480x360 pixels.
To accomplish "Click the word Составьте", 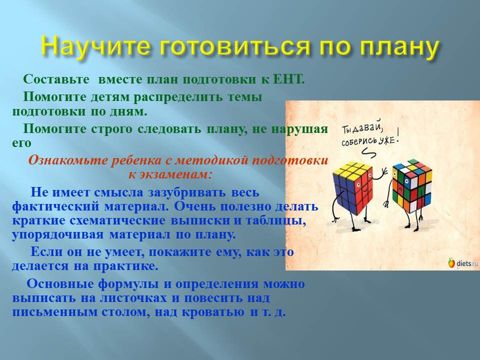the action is click(x=56, y=79).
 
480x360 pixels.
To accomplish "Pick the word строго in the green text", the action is click(x=111, y=129).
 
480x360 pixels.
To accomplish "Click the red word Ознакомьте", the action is click(x=68, y=160).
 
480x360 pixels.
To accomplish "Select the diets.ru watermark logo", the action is click(x=462, y=263).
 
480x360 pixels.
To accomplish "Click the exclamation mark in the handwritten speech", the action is click(x=397, y=136).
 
